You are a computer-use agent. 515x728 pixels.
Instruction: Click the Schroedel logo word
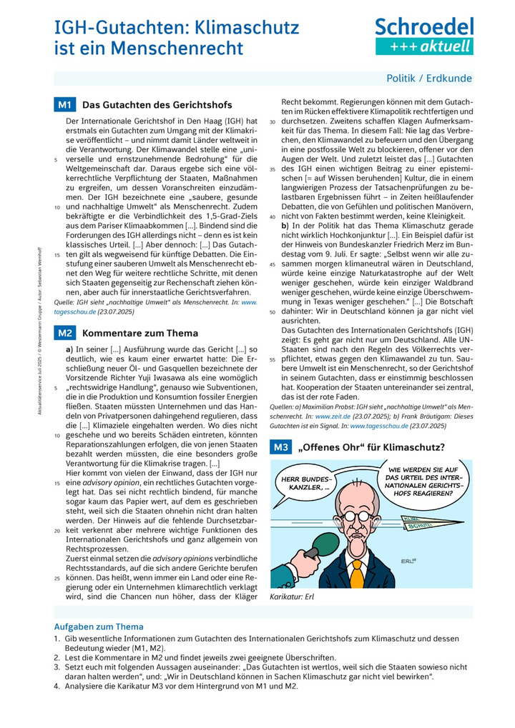pyautogui.click(x=424, y=27)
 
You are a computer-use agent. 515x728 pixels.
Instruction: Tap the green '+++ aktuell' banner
pyautogui.click(x=424, y=46)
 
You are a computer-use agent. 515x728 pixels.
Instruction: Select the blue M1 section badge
pyautogui.click(x=65, y=105)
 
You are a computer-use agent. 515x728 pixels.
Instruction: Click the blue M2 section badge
pyautogui.click(x=65, y=332)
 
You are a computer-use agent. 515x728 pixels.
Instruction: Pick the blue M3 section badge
pyautogui.click(x=280, y=447)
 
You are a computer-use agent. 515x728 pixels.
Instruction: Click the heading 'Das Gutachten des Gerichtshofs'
pyautogui.click(x=157, y=105)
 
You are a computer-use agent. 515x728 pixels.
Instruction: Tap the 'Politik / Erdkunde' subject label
pyautogui.click(x=429, y=79)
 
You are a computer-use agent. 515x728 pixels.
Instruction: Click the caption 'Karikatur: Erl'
pyautogui.click(x=292, y=597)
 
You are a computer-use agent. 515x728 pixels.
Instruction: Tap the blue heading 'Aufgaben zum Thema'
pyautogui.click(x=99, y=627)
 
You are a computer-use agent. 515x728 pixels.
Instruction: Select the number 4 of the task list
pyautogui.click(x=57, y=686)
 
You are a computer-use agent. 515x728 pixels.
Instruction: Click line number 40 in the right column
pyautogui.click(x=273, y=215)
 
